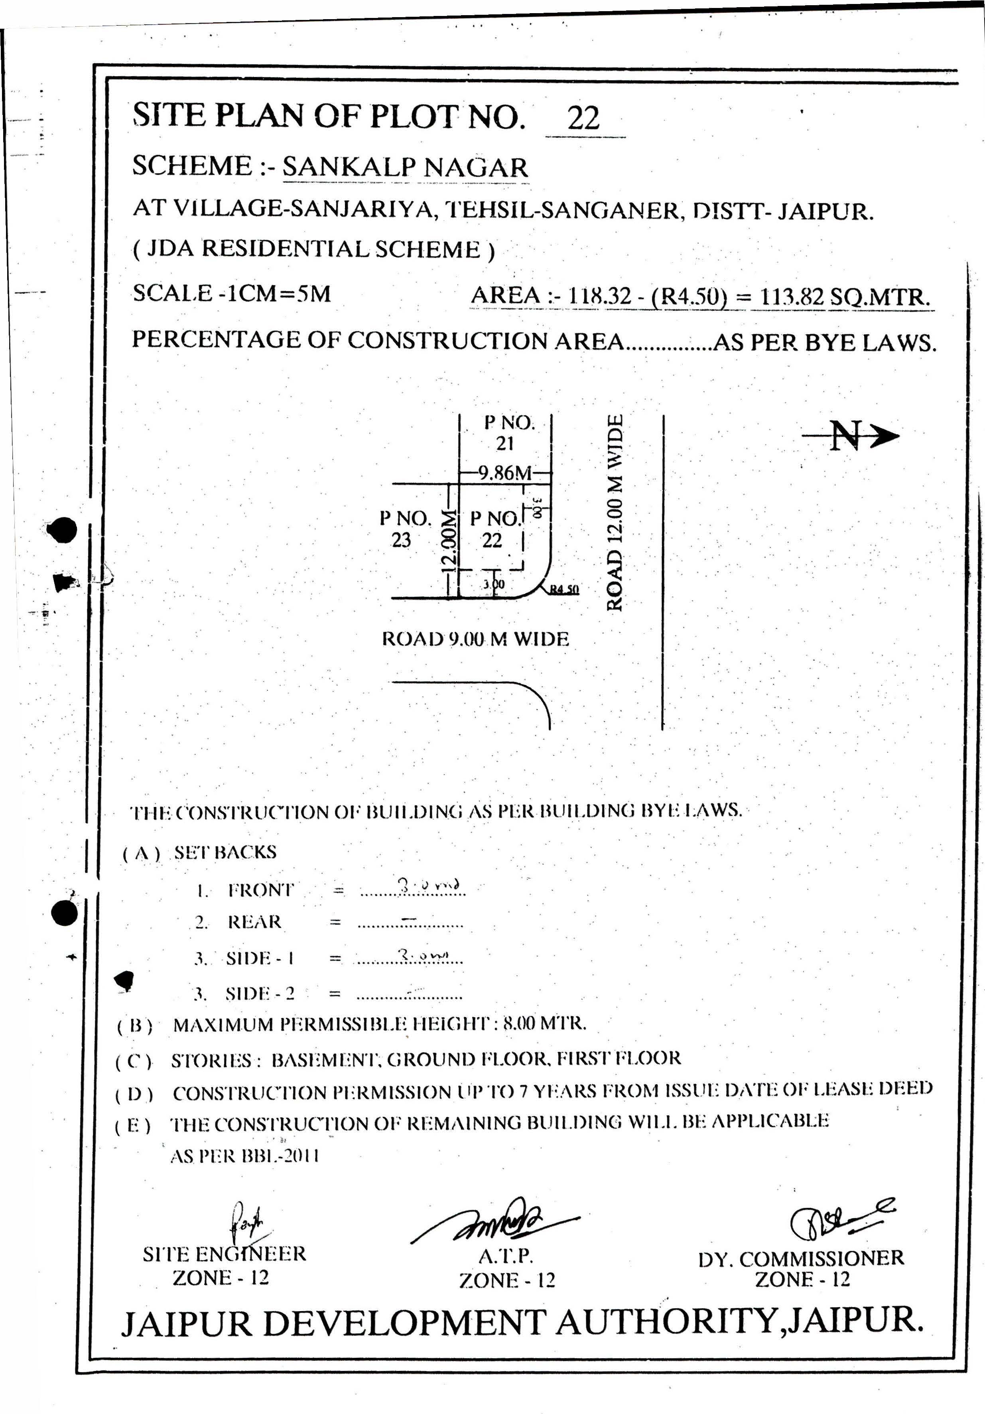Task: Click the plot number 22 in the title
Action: pos(583,118)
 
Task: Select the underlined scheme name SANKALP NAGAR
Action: pos(405,168)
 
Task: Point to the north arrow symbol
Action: pos(851,436)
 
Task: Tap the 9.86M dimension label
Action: pos(505,473)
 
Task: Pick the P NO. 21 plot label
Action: pos(508,432)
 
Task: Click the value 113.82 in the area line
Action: pos(792,298)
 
